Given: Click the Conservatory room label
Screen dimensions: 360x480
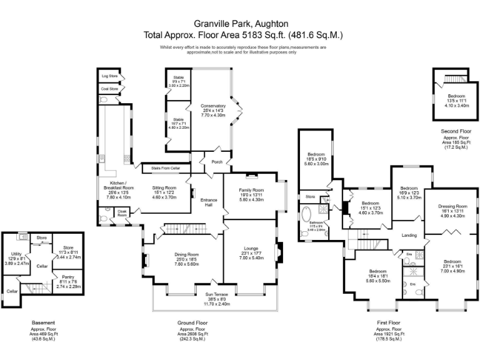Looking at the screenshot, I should [x=212, y=106].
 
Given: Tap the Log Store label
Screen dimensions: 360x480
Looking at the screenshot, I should [x=109, y=76].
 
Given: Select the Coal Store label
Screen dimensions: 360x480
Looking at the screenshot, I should [x=109, y=89].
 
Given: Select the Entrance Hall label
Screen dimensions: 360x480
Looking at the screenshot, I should [x=209, y=202].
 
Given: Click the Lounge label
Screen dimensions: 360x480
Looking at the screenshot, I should [x=248, y=248].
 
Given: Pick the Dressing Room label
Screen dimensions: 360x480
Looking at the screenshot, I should [x=452, y=206].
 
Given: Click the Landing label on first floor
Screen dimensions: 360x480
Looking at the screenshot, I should [x=409, y=235].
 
